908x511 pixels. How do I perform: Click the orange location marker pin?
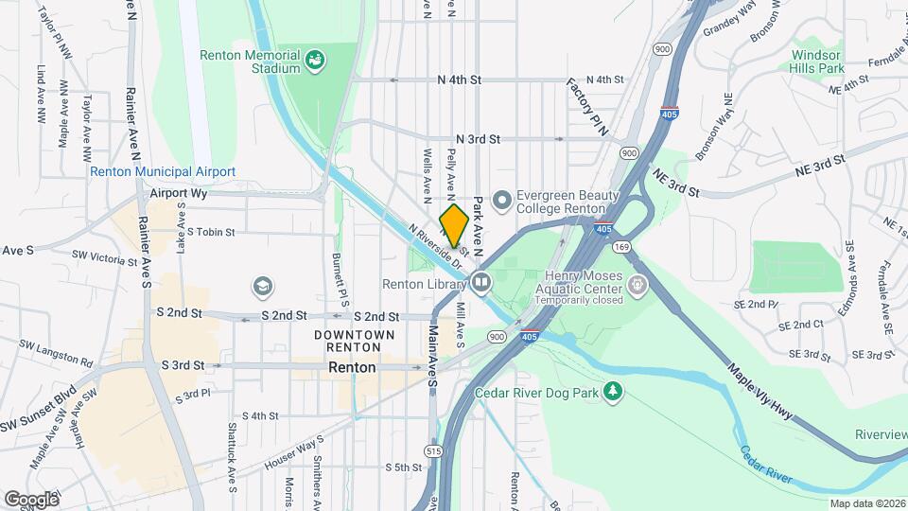coord(454,225)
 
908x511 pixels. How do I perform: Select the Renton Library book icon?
coord(481,283)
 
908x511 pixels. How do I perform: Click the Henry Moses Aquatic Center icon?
coord(638,283)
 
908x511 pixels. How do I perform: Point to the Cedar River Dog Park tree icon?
coord(614,390)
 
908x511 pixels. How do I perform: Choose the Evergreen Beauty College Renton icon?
coord(502,200)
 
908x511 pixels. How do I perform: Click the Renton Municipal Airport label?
coord(163,171)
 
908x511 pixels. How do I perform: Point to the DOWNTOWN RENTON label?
coord(355,342)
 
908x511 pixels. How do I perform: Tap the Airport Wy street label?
coord(178,193)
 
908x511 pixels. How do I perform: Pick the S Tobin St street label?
coord(210,231)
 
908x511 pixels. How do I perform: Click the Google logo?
coord(31,499)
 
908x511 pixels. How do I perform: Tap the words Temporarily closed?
coord(578,300)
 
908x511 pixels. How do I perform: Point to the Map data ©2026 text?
coord(867,503)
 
